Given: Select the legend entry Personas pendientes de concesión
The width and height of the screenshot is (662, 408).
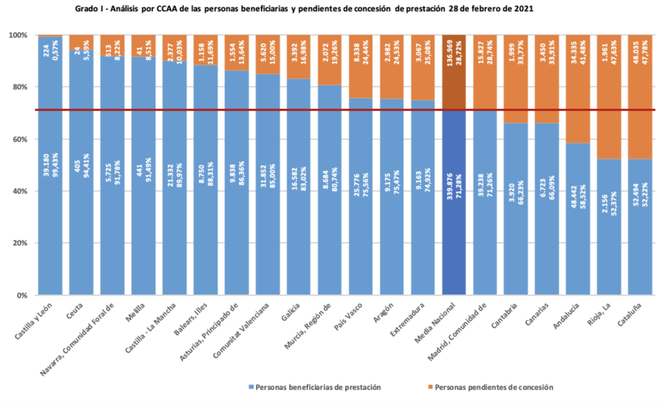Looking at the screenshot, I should tap(493, 387).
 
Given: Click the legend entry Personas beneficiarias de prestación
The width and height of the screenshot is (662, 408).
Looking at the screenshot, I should tap(317, 387).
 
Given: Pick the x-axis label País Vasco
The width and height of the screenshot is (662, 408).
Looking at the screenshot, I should tap(349, 316).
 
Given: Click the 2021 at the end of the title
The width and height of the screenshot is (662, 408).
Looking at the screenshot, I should tap(524, 9).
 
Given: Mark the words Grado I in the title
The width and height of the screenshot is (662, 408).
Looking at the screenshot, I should tap(89, 9).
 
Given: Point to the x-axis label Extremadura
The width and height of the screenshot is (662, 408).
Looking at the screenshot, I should tap(408, 319).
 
